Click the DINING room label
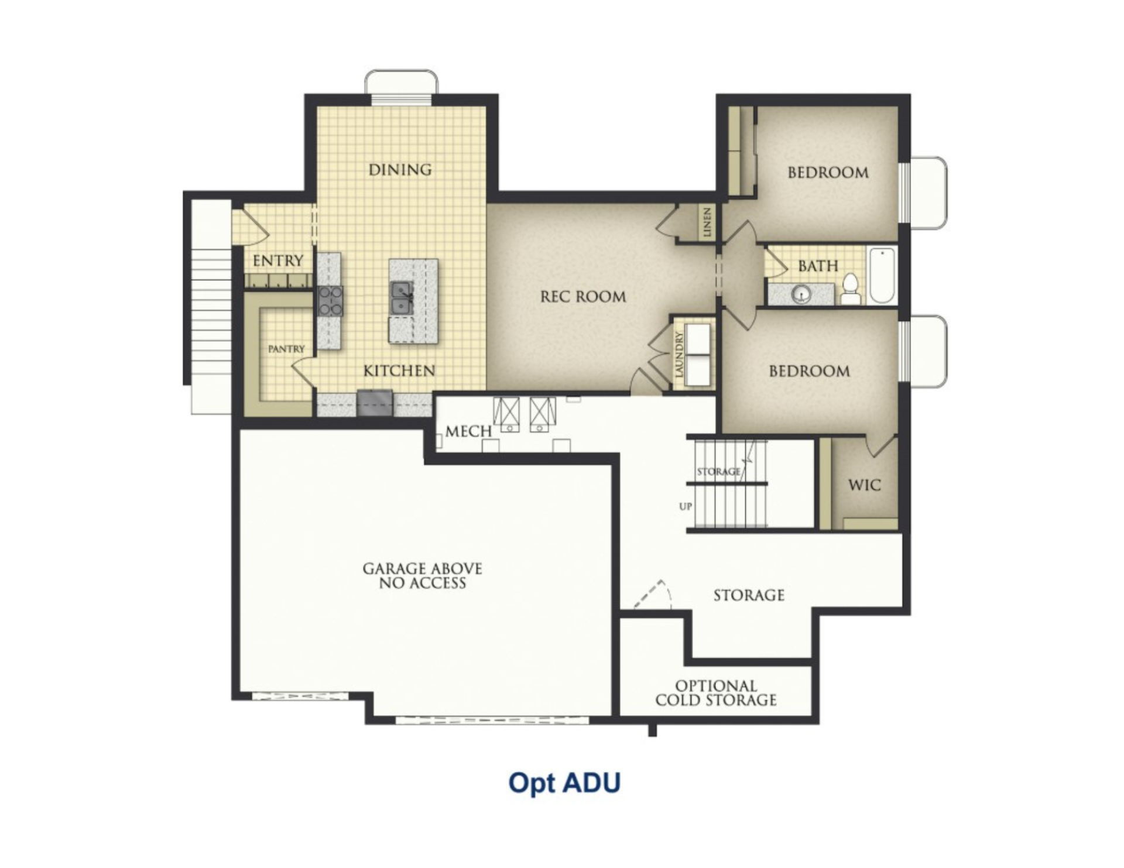[400, 170]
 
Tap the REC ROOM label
[583, 297]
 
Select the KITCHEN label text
[399, 371]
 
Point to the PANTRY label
[286, 349]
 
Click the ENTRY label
[278, 260]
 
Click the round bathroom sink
[800, 294]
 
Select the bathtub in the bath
[882, 275]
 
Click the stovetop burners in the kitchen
[331, 301]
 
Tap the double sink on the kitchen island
[402, 297]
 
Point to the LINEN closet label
[707, 222]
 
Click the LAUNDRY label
[680, 354]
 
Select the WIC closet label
[864, 485]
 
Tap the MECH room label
[468, 432]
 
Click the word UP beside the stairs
[686, 507]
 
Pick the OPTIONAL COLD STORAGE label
[716, 693]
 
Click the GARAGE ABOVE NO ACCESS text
[423, 576]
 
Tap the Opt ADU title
[564, 783]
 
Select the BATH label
[818, 266]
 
